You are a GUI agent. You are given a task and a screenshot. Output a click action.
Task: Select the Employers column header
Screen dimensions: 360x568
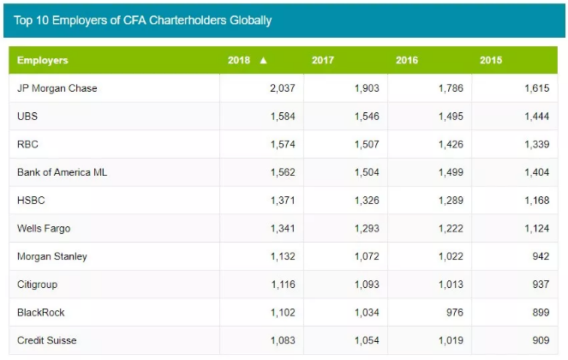[x=43, y=61]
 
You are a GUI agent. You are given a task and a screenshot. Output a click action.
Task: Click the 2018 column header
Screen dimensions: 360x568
[x=239, y=61]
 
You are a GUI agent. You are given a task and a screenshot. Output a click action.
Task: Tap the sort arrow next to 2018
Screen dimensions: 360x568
[x=264, y=61]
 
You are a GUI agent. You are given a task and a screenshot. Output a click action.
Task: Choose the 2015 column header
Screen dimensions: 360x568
[x=492, y=61]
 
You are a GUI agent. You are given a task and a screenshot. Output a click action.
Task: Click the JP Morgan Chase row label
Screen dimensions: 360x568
[x=57, y=88]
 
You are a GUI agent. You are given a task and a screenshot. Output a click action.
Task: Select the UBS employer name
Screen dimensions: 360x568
[x=27, y=117]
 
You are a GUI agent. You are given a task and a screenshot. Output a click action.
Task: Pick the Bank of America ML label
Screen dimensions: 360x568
[x=62, y=172]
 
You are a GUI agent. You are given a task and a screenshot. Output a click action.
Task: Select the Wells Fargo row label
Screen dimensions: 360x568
[x=44, y=229]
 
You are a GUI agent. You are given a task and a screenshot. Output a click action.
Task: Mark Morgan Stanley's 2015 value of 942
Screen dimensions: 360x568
[x=538, y=256]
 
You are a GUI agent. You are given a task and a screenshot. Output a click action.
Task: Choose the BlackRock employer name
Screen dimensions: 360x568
[x=41, y=313]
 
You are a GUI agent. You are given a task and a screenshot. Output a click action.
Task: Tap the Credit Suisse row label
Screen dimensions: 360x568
[x=46, y=340]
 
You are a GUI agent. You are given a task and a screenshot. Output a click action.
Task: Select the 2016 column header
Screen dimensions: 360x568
[x=408, y=61]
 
